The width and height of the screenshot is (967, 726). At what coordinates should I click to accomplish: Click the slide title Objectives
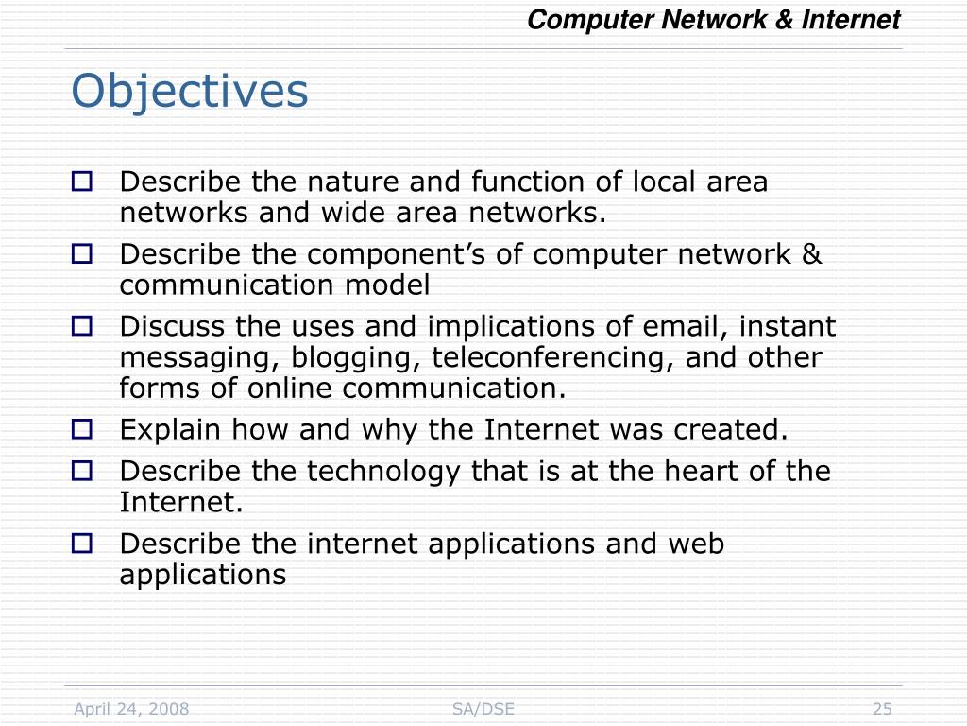coord(190,92)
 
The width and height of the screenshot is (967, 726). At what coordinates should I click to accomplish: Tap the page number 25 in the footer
coord(882,709)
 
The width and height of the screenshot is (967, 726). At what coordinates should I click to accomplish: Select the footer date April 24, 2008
coord(132,709)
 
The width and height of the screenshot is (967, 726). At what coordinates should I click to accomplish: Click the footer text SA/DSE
coord(483,709)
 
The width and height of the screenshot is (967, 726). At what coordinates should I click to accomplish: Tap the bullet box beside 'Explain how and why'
coord(82,430)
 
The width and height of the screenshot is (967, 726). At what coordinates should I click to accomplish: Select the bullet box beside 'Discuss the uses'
coord(82,326)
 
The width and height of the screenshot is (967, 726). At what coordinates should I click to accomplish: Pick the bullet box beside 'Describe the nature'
coord(82,181)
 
